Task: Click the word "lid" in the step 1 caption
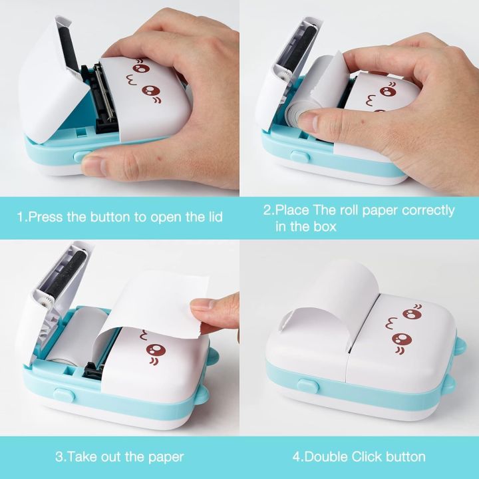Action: pyautogui.click(x=212, y=217)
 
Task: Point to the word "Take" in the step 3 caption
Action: pyautogui.click(x=90, y=456)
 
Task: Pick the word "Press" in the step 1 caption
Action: pyautogui.click(x=47, y=217)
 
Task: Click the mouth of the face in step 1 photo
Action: pyautogui.click(x=135, y=85)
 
